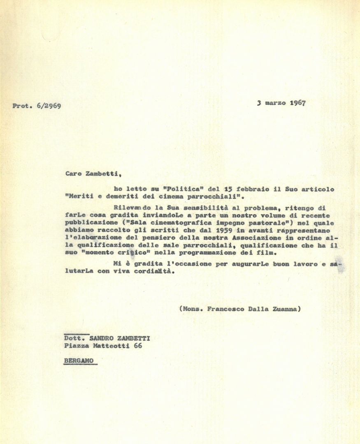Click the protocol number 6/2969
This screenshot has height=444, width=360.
click(x=49, y=106)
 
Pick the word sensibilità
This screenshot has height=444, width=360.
click(x=207, y=208)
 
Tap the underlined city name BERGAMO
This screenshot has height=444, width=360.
click(x=79, y=361)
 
